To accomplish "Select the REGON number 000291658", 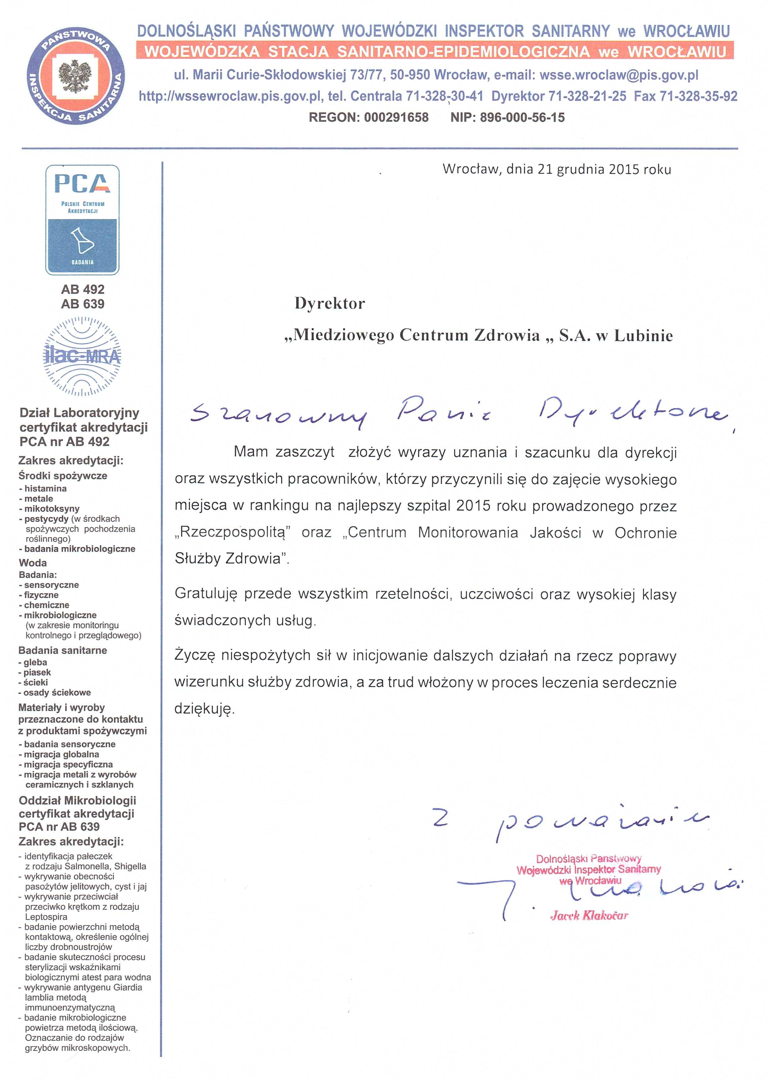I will pos(396,117).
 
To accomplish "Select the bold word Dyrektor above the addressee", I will pos(330,303).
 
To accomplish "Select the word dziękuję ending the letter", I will pos(204,709).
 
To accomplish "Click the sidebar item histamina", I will pos(45,489).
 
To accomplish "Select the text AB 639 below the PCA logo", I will pos(82,304).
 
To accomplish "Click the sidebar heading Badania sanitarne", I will pos(62,650).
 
